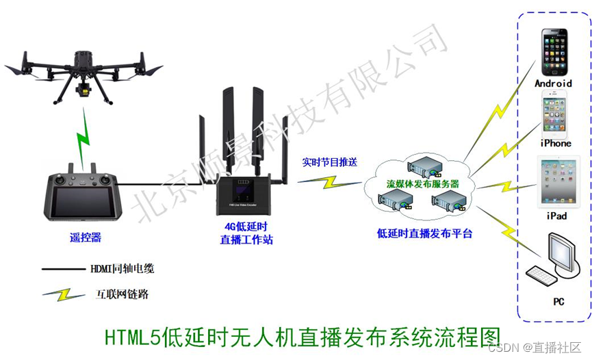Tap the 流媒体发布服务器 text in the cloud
pos(422,184)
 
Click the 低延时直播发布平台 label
pos(425,233)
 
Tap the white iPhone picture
pos(554,114)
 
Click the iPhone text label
pos(555,143)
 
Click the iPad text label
pos(556,216)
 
